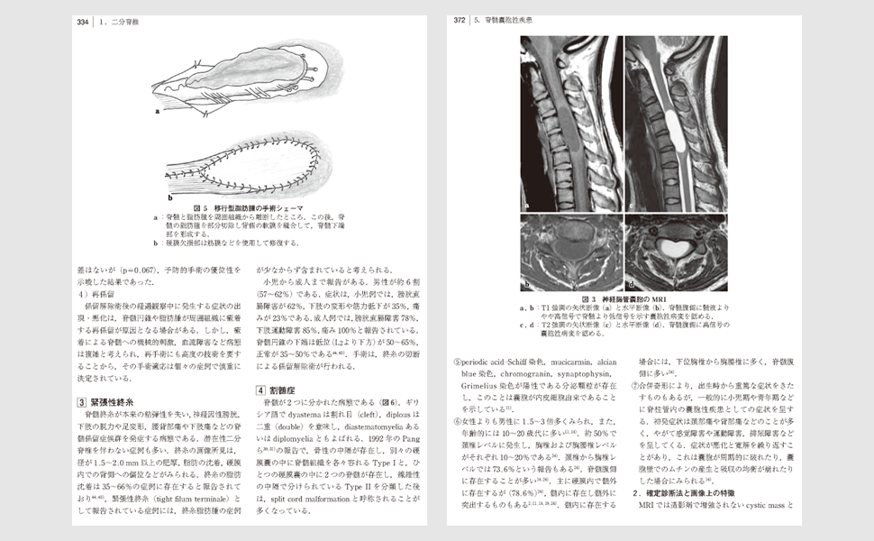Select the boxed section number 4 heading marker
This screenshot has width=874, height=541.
coord(260,390)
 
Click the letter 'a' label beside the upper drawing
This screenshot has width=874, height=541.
coord(157,113)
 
